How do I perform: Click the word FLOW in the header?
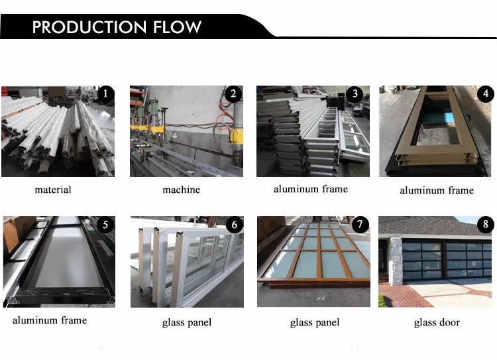click(175, 27)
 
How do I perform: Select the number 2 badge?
click(233, 94)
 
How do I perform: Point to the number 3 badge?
click(355, 94)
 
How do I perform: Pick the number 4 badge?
click(486, 94)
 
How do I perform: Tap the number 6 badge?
click(234, 225)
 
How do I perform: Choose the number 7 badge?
click(359, 225)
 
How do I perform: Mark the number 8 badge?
click(486, 225)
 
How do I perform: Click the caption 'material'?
click(53, 190)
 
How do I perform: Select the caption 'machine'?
click(181, 190)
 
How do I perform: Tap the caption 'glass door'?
click(437, 323)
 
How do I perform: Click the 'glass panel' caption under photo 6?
click(187, 323)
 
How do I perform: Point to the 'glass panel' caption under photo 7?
click(315, 323)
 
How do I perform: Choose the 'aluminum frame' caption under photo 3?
click(310, 190)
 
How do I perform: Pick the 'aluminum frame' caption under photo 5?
click(50, 321)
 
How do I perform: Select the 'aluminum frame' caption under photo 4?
click(437, 191)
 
